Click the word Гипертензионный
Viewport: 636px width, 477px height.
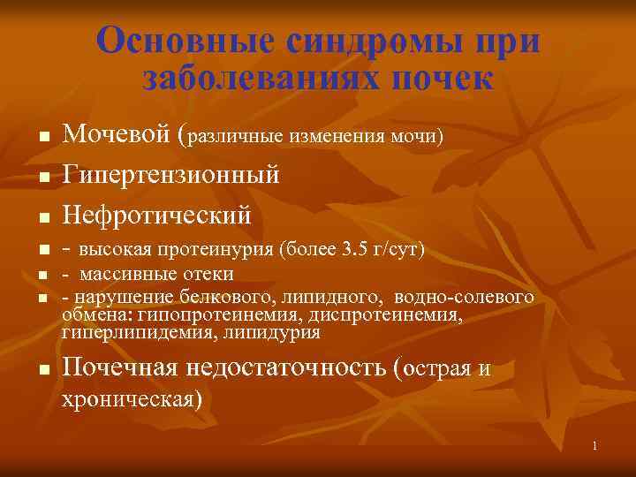tap(171, 175)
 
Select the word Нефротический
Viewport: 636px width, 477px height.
tap(157, 214)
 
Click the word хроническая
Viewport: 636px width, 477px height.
tap(132, 398)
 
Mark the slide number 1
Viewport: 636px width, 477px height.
tap(595, 446)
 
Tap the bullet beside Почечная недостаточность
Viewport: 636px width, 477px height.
tap(42, 371)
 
